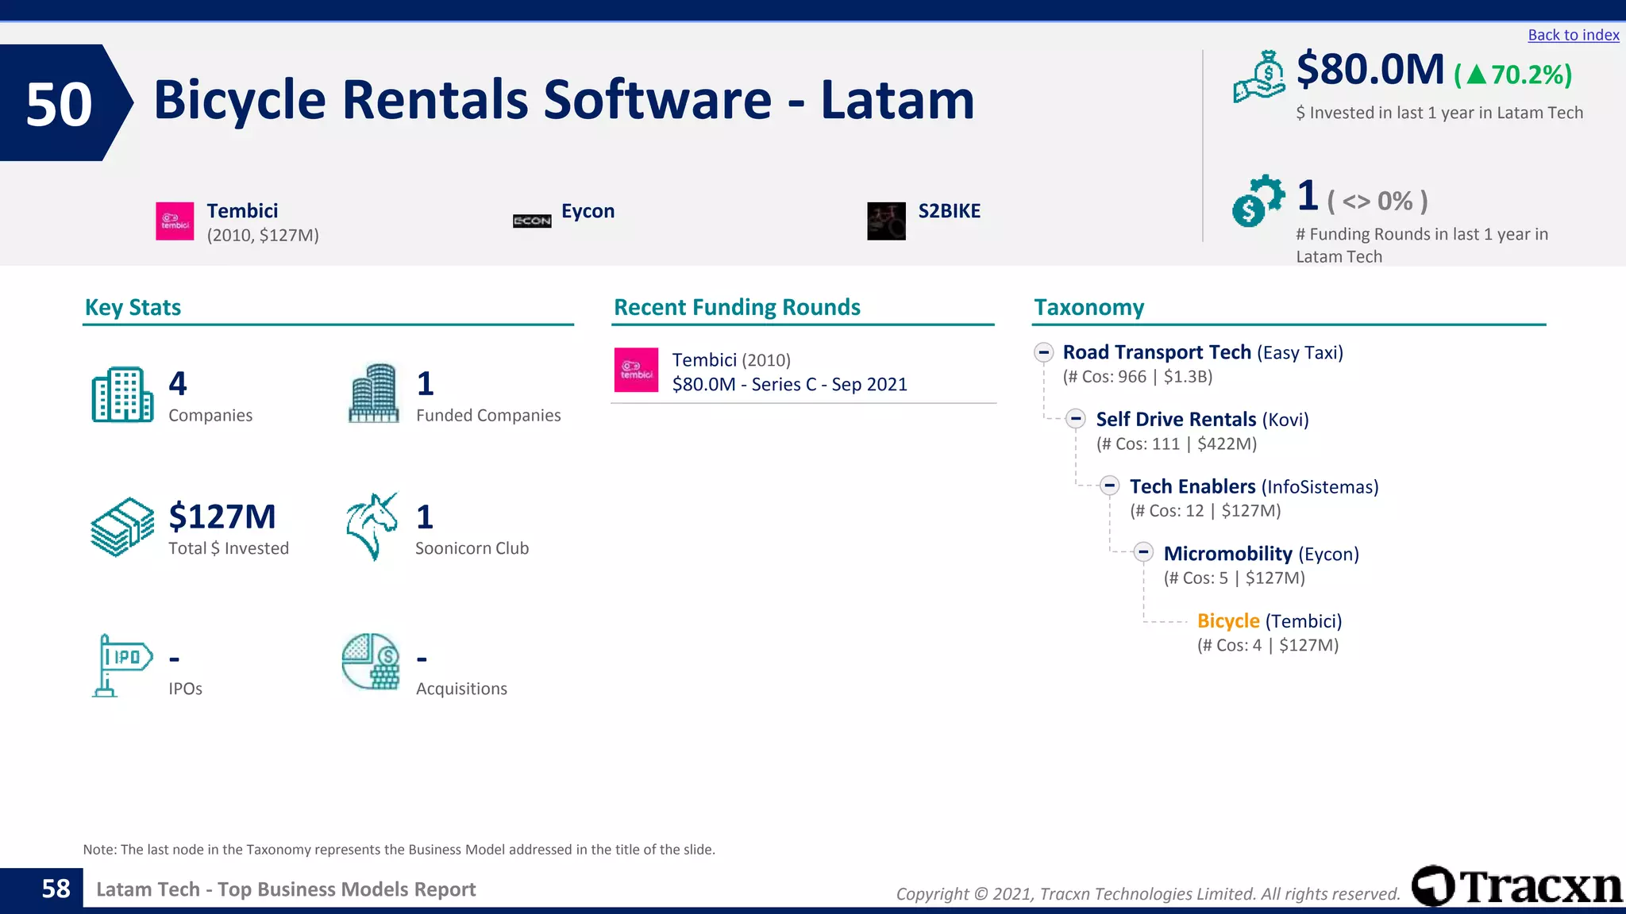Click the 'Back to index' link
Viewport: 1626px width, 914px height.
(1573, 35)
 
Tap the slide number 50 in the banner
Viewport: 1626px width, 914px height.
(59, 104)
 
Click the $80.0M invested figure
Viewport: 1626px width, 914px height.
(1370, 70)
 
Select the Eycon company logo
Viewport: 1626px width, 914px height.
(532, 221)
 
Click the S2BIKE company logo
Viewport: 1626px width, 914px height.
(886, 221)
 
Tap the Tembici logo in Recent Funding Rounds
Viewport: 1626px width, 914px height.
(636, 370)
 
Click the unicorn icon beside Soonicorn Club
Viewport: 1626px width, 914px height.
(372, 526)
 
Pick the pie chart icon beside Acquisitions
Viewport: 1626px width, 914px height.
(371, 662)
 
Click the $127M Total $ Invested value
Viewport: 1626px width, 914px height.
(222, 517)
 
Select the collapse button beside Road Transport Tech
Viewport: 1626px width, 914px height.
(1044, 352)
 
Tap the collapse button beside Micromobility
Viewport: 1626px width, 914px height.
(1143, 552)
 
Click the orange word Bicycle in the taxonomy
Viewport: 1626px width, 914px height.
(1228, 621)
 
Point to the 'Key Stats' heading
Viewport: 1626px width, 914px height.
(133, 308)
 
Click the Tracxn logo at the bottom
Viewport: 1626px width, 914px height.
(1516, 885)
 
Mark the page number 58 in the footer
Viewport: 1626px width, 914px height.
(56, 889)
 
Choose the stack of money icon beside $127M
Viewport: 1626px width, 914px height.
(122, 526)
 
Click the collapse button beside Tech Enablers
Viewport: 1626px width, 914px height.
(1110, 486)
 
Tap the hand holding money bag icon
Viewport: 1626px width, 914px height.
(1258, 77)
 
